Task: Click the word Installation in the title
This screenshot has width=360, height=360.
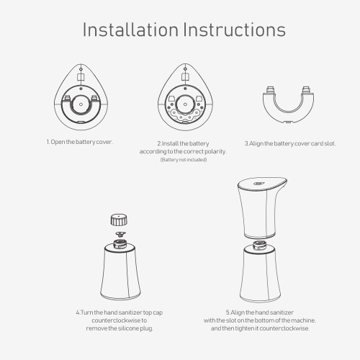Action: pyautogui.click(x=130, y=30)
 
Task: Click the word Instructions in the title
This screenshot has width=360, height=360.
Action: pyautogui.click(x=235, y=30)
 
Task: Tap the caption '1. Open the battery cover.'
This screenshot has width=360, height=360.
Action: pyautogui.click(x=79, y=142)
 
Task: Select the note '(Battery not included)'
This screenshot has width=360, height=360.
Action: pyautogui.click(x=184, y=160)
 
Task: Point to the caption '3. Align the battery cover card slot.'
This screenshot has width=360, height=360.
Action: pyautogui.click(x=290, y=143)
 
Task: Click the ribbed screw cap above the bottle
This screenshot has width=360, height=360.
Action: pyautogui.click(x=119, y=220)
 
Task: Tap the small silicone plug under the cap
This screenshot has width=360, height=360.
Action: pyautogui.click(x=120, y=233)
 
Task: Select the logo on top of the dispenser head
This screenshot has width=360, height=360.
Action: pyautogui.click(x=258, y=184)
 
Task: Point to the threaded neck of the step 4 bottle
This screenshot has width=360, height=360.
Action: pyautogui.click(x=120, y=243)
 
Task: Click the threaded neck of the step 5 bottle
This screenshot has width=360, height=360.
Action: pyautogui.click(x=261, y=245)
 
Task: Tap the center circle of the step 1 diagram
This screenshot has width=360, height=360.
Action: pyautogui.click(x=81, y=104)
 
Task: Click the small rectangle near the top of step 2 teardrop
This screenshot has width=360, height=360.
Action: pyautogui.click(x=185, y=77)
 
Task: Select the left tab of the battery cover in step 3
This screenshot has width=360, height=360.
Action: pyautogui.click(x=271, y=90)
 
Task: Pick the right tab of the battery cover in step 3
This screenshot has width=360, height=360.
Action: pyautogui.click(x=306, y=90)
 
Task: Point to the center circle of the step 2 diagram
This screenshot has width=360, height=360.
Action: pyautogui.click(x=185, y=104)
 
